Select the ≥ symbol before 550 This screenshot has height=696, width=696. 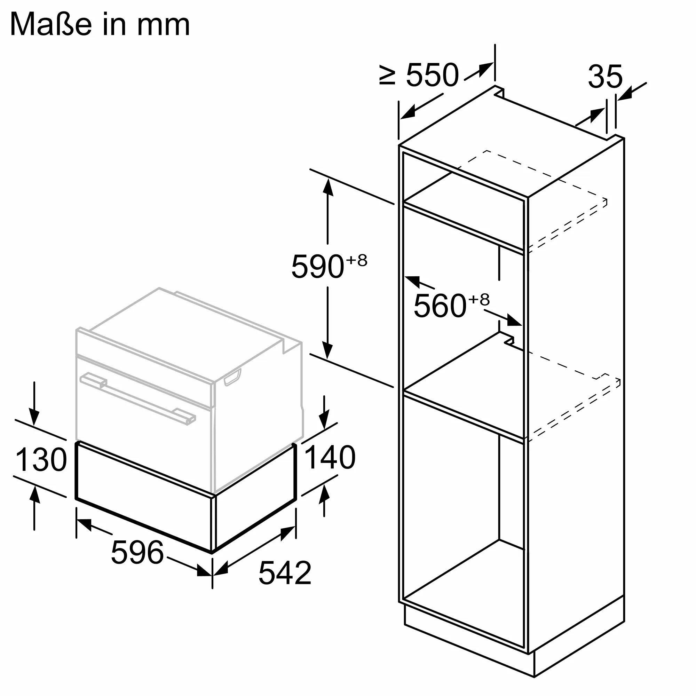tap(387, 76)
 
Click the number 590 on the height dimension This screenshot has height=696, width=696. tap(317, 267)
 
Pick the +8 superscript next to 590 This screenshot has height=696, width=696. tap(357, 260)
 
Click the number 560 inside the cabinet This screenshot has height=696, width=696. tap(440, 306)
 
